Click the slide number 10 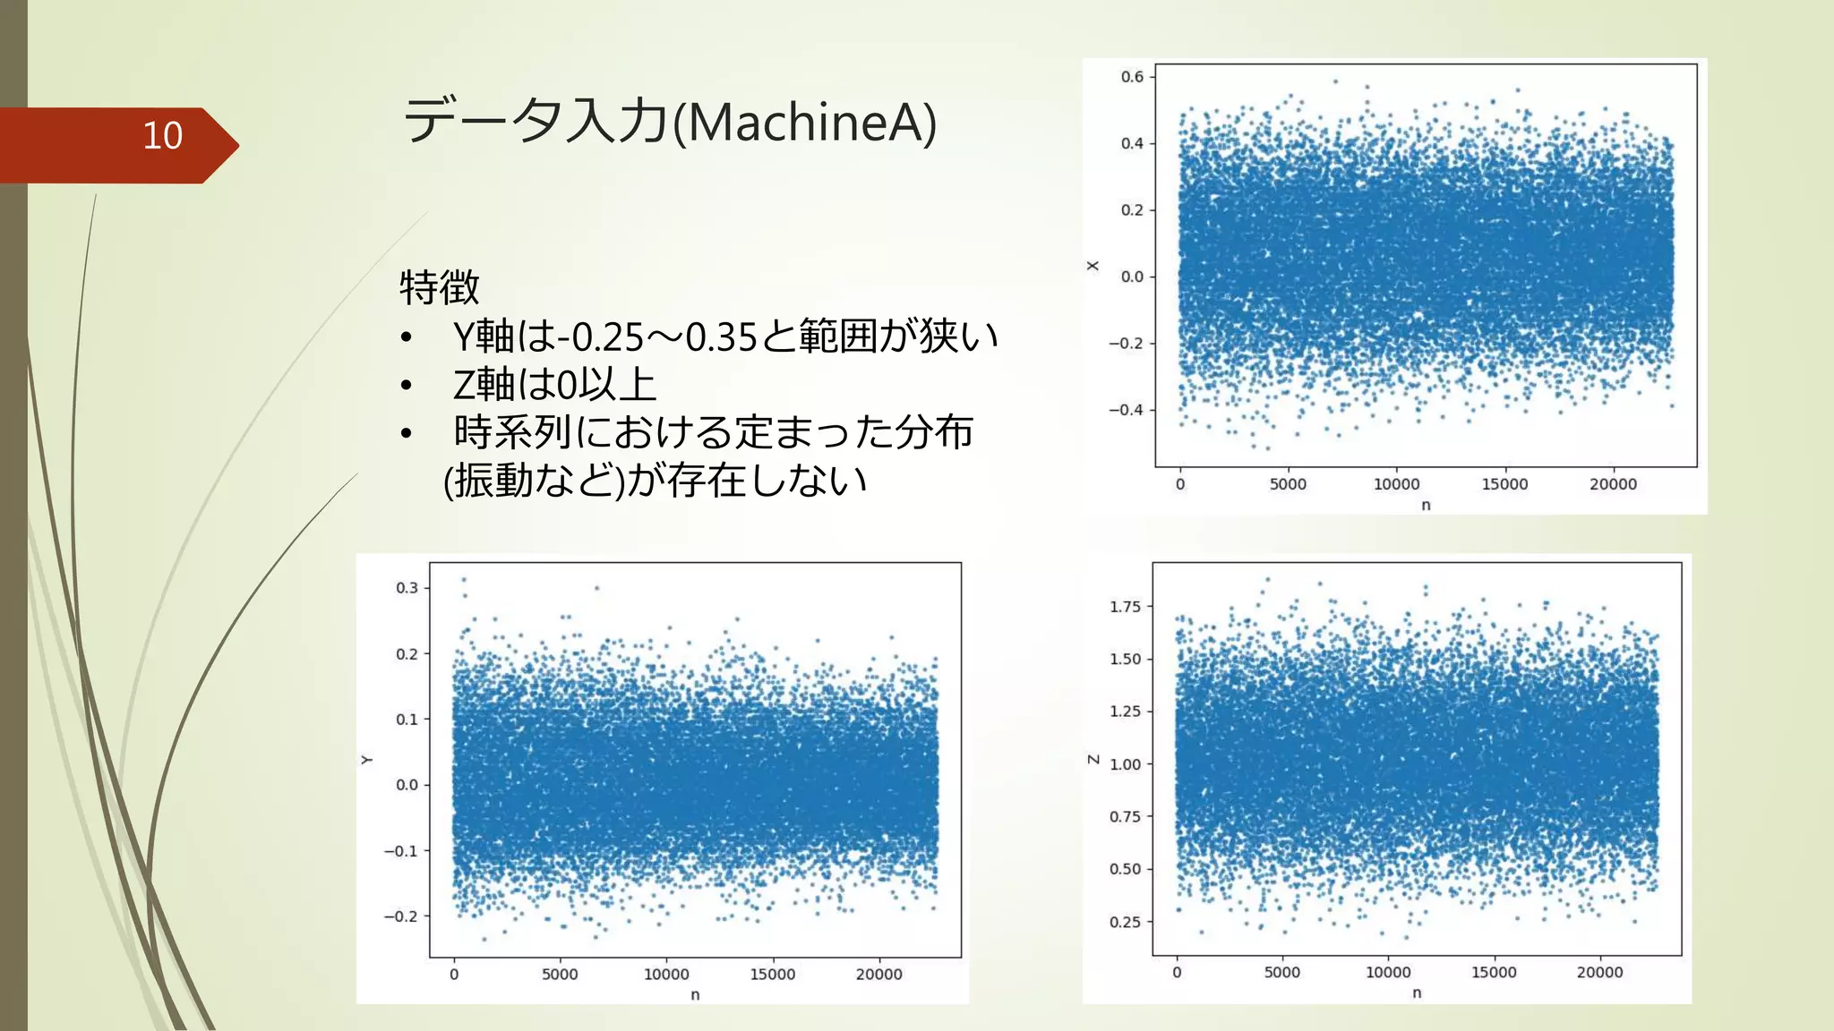click(x=162, y=136)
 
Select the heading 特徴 click(x=439, y=287)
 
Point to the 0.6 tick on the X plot click(x=1132, y=77)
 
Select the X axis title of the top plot click(x=1093, y=266)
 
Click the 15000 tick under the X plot click(x=1504, y=484)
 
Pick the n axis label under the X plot click(x=1426, y=506)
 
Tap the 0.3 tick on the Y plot click(x=407, y=588)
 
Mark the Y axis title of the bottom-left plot click(x=366, y=760)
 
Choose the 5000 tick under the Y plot click(x=560, y=975)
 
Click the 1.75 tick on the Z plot click(x=1125, y=607)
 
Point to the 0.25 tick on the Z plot click(x=1125, y=922)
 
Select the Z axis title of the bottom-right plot click(x=1093, y=760)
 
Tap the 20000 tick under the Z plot click(x=1599, y=973)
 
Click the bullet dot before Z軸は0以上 click(x=407, y=386)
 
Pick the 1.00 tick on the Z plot click(x=1125, y=764)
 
